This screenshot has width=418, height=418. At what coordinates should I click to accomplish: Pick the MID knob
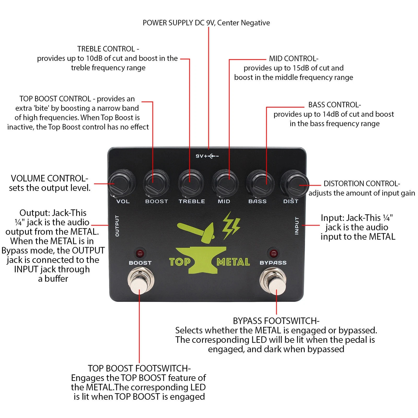point(225,182)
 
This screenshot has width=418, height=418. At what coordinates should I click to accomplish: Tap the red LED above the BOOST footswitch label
point(140,253)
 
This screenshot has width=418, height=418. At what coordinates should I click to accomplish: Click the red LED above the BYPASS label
point(273,253)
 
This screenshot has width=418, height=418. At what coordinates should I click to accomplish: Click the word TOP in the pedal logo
point(180,262)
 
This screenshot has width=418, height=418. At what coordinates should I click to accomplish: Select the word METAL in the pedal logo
point(233,262)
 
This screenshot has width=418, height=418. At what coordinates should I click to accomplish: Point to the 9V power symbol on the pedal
point(207,156)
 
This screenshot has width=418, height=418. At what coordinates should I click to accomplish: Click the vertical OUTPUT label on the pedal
point(117,226)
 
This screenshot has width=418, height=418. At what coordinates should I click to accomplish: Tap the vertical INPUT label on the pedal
point(297,226)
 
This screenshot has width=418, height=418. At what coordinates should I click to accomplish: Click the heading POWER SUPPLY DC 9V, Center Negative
point(206,23)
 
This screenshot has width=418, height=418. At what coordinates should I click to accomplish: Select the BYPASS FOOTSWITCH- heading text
point(276,321)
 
